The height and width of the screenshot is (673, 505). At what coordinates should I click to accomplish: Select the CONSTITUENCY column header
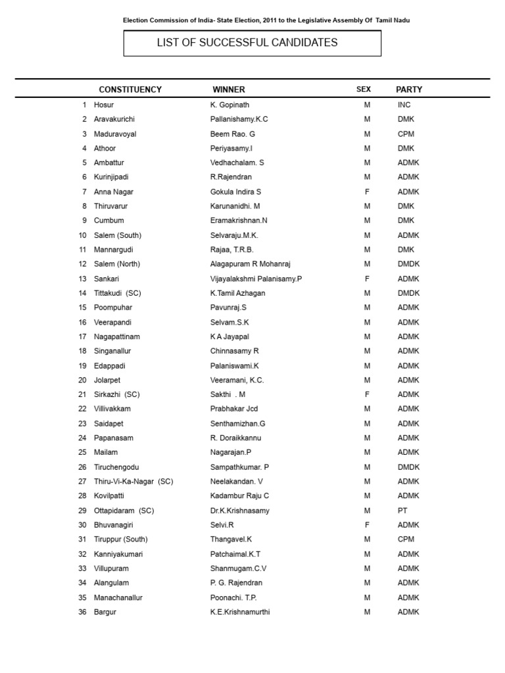(130, 89)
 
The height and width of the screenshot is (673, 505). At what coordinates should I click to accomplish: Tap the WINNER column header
(229, 89)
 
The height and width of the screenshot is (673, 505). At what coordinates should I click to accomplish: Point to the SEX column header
(364, 89)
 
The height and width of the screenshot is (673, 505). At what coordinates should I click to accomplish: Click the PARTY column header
(409, 89)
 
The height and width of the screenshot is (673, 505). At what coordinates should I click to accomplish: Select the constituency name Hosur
(104, 104)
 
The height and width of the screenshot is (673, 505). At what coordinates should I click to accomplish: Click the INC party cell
(404, 104)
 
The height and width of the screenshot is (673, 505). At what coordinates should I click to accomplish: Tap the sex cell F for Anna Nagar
(367, 191)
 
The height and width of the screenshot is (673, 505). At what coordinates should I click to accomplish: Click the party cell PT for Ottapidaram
(402, 511)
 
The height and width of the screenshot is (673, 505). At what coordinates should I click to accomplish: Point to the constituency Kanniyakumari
(118, 554)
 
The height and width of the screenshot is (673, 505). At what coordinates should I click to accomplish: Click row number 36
(83, 612)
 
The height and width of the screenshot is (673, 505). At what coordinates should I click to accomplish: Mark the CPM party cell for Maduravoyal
(406, 133)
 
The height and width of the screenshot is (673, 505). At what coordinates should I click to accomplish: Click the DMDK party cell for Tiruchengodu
(408, 467)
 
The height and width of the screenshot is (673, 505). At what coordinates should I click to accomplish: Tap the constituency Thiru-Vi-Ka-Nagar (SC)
(133, 481)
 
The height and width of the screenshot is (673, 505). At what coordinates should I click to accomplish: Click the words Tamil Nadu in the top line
(393, 20)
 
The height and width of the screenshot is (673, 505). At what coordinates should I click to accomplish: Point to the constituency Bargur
(105, 612)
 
